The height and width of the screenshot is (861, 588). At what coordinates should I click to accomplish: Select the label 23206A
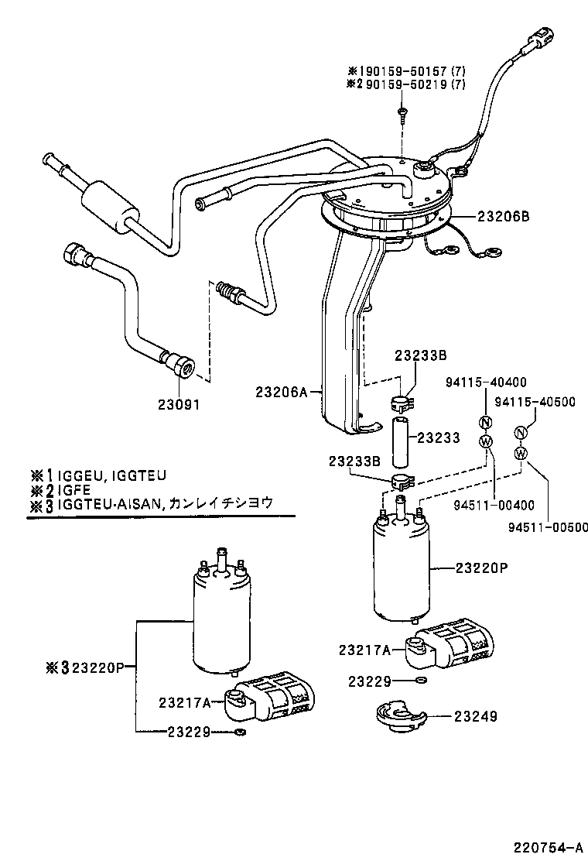pos(282,393)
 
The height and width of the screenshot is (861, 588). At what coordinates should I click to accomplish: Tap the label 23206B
pos(503,218)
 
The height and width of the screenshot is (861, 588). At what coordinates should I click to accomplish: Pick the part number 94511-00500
pos(547,527)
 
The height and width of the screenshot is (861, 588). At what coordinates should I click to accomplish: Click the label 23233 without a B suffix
pos(439,438)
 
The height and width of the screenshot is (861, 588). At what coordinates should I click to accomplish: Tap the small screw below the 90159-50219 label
pos(402,114)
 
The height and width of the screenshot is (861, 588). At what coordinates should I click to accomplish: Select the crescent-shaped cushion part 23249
pos(398,717)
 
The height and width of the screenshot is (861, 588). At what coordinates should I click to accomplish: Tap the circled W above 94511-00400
pos(486,441)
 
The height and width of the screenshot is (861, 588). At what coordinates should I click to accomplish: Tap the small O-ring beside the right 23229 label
pos(419,681)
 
